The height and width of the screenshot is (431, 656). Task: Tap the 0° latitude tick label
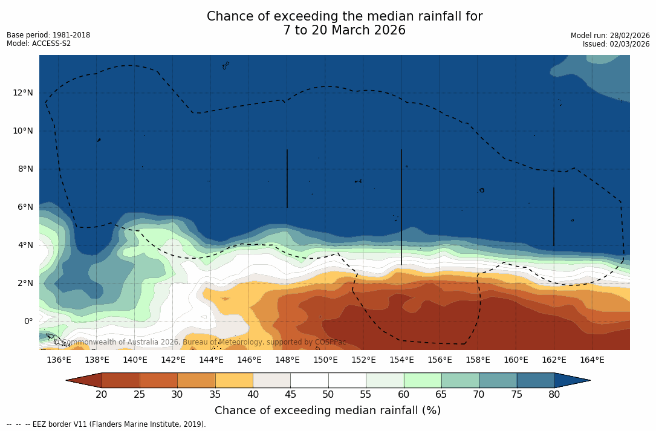[x=28, y=321]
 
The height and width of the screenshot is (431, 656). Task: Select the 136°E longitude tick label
[x=59, y=360]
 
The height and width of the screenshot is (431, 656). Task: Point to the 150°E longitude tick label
[x=325, y=360]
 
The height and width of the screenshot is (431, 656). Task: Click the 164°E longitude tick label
[x=592, y=360]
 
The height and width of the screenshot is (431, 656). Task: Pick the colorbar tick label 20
[x=102, y=395]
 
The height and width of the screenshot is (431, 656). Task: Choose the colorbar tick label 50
[x=328, y=395]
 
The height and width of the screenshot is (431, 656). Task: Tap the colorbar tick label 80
[x=554, y=395]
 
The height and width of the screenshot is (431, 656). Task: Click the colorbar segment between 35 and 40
[x=234, y=380]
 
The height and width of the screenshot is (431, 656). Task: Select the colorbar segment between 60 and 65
[x=423, y=380]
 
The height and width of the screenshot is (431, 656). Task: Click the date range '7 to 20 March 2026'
[x=345, y=30]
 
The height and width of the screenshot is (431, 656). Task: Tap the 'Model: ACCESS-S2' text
[x=39, y=44]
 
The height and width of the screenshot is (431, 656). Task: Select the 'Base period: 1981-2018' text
[x=48, y=35]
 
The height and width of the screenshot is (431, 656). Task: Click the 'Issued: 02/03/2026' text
[x=616, y=44]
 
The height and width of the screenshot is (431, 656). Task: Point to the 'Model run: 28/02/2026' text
[x=610, y=36]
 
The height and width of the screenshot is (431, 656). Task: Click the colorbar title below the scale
[x=328, y=411]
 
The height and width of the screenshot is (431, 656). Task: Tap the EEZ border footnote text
[x=106, y=424]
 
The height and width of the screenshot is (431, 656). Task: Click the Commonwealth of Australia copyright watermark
[x=200, y=342]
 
